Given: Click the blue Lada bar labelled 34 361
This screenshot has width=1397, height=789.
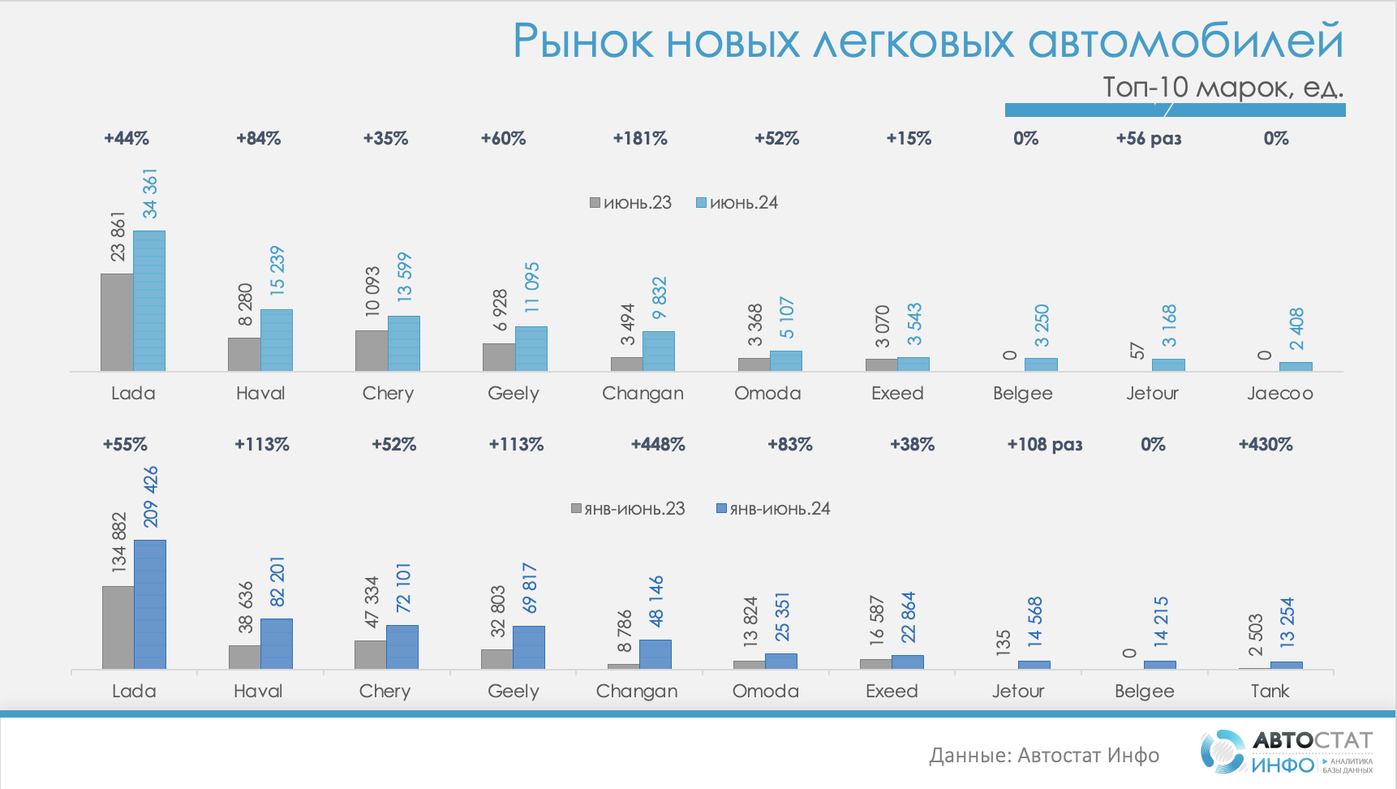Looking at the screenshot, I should pyautogui.click(x=149, y=301).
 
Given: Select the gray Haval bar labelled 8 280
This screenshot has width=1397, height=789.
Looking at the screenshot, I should pyautogui.click(x=244, y=355).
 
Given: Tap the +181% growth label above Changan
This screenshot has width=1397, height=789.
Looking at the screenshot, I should pyautogui.click(x=640, y=139).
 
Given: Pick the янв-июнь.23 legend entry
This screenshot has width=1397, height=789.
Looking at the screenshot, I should pyautogui.click(x=628, y=509).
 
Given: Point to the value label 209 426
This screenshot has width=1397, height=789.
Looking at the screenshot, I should pyautogui.click(x=151, y=497).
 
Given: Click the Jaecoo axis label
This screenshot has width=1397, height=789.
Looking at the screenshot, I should pyautogui.click(x=1279, y=394).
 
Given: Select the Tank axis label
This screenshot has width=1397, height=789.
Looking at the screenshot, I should pyautogui.click(x=1270, y=692).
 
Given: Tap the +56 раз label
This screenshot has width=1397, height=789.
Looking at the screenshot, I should pyautogui.click(x=1148, y=139).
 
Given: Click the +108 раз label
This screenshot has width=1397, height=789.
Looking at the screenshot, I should pyautogui.click(x=1044, y=445).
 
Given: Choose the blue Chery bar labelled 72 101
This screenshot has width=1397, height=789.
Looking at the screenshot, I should pyautogui.click(x=402, y=647).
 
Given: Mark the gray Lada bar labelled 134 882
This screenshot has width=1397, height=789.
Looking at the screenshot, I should pyautogui.click(x=118, y=627).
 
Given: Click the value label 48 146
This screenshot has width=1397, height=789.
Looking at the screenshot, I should pyautogui.click(x=656, y=601).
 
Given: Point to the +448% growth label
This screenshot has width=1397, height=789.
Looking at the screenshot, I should pyautogui.click(x=658, y=445).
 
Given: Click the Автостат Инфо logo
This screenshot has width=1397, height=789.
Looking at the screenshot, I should pyautogui.click(x=1287, y=752).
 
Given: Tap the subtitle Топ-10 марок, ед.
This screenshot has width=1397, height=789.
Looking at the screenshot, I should pyautogui.click(x=1222, y=87).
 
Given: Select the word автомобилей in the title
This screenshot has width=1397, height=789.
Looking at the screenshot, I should pyautogui.click(x=1185, y=41).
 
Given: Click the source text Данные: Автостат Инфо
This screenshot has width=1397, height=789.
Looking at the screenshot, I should pyautogui.click(x=1044, y=756).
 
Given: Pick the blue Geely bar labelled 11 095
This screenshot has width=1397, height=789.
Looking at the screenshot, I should pyautogui.click(x=531, y=349).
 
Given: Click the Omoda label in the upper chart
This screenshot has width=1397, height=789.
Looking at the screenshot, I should pyautogui.click(x=767, y=394).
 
